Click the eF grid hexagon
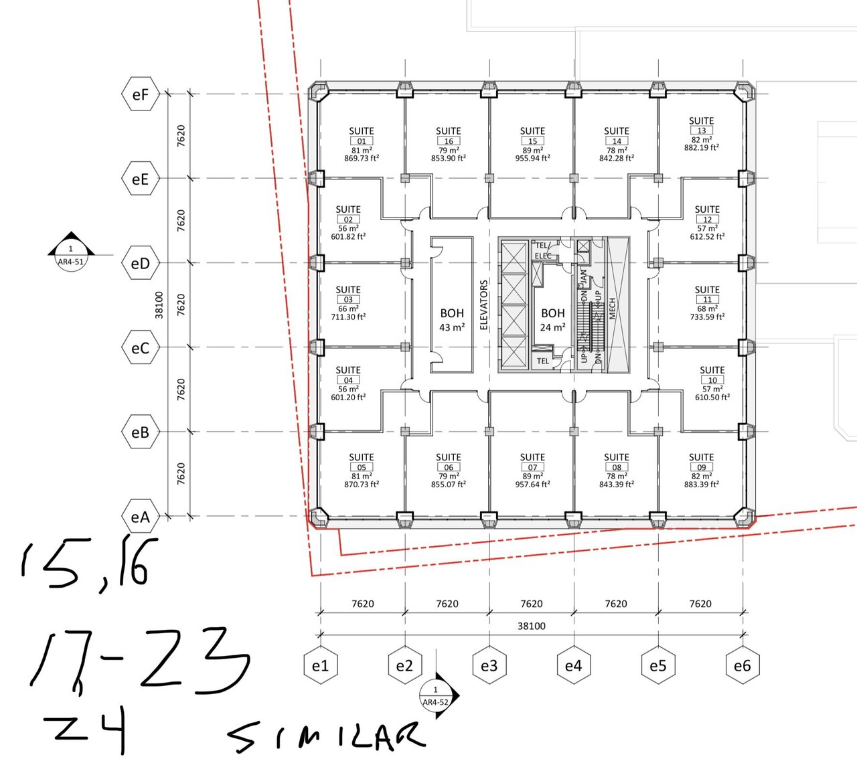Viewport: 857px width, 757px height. coord(141,94)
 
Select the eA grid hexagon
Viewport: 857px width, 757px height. coord(141,517)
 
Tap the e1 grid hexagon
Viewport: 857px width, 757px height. coord(321,666)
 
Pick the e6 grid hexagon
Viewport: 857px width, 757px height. coord(743,666)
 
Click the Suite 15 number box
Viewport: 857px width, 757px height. coord(532,141)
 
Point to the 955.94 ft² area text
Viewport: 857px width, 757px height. coord(532,158)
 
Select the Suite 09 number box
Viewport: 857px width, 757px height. coord(702,467)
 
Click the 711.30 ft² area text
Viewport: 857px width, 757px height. coord(348,317)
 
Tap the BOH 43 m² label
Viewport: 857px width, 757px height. coord(452,320)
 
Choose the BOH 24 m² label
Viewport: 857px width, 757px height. coord(553,320)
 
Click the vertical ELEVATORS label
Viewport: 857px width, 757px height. coord(484,305)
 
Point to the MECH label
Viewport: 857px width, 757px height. coord(612,309)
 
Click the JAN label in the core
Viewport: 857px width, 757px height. coord(584,276)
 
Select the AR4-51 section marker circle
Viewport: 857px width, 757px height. coord(71,258)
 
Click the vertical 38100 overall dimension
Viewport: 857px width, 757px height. coord(159,305)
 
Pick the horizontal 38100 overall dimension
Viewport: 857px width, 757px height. coord(532,626)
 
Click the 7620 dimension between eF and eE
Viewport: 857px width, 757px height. coord(181,136)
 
